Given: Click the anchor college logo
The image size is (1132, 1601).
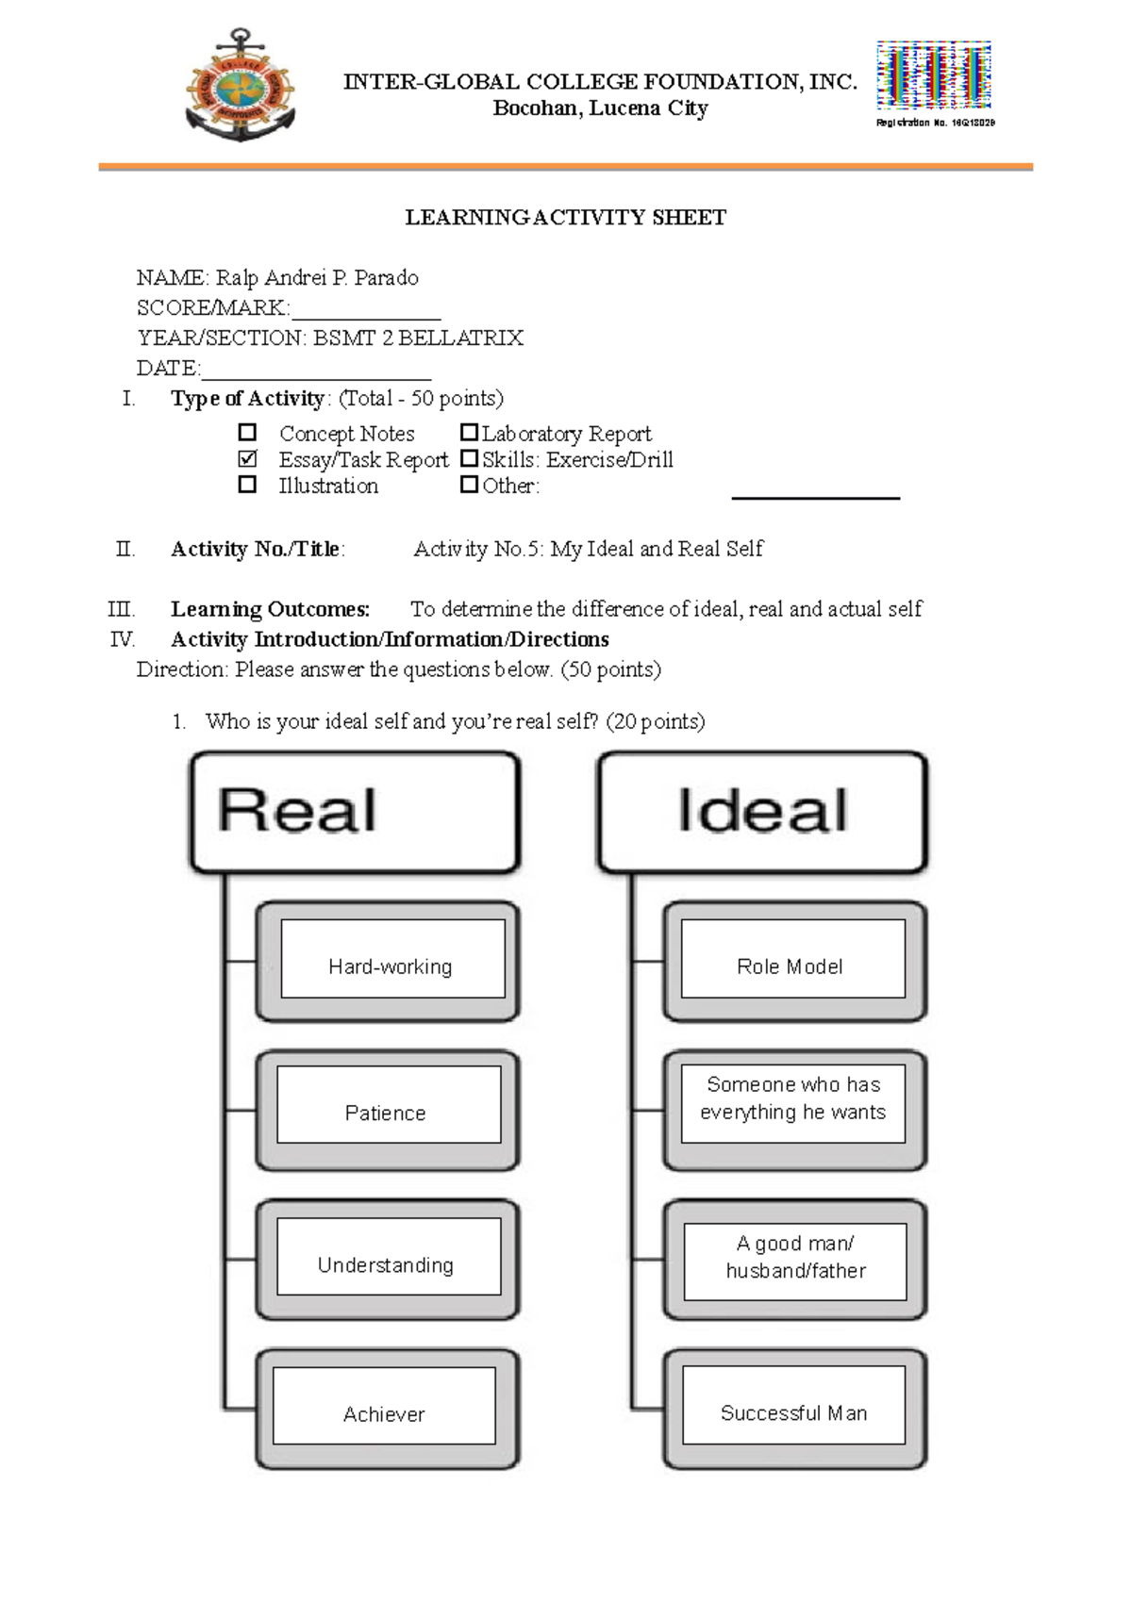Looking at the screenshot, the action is [241, 87].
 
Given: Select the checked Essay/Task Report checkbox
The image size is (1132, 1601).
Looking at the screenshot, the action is [247, 459].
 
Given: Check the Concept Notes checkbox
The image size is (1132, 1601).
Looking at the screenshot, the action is [247, 433].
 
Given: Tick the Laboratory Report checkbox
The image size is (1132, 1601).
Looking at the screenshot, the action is [469, 433].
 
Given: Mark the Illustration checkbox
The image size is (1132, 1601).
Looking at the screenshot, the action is [247, 485].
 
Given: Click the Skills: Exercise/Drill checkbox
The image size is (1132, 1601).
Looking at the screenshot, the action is [469, 459].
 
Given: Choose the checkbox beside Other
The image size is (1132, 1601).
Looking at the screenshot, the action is [469, 485].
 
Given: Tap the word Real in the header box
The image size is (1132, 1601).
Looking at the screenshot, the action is [297, 811].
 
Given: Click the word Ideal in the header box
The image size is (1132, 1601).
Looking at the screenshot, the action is [762, 811].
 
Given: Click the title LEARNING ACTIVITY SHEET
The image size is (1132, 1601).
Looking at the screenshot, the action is [565, 218].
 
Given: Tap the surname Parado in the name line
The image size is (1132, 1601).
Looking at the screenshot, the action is [386, 277].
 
